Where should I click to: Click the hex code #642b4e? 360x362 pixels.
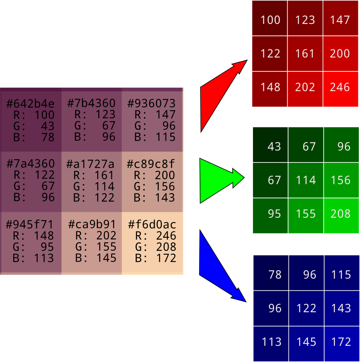click(31, 104)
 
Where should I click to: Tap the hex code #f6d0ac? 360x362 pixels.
click(152, 225)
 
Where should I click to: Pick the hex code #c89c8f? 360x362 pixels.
click(151, 164)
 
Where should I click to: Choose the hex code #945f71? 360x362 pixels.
click(29, 225)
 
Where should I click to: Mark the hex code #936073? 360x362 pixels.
click(151, 104)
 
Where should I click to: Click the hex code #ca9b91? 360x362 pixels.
click(92, 225)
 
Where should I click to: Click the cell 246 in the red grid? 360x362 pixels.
click(340, 88)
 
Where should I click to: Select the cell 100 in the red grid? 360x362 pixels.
click(270, 20)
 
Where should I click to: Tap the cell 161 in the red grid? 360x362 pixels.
click(305, 54)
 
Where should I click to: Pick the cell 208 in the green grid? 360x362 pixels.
click(341, 214)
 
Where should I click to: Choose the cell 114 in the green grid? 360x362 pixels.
click(306, 180)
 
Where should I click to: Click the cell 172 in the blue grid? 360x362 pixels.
click(341, 342)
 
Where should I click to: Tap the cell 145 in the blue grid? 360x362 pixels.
click(306, 342)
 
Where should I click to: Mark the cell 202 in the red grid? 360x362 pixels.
click(305, 88)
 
